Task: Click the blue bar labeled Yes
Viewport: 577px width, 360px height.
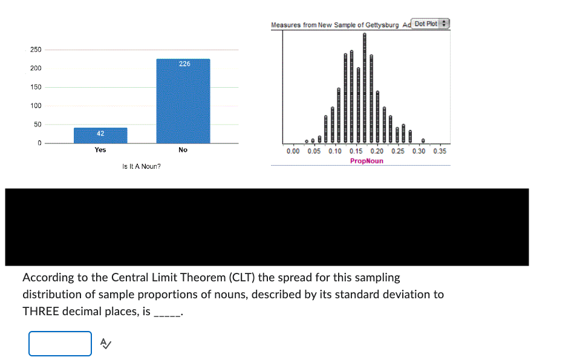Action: click(x=100, y=136)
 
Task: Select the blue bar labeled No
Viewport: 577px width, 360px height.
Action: click(x=183, y=101)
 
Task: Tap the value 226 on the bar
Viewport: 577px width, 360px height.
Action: click(x=184, y=64)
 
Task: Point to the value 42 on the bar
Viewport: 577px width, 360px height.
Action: click(x=100, y=133)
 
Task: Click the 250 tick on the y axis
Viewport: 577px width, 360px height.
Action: click(x=36, y=49)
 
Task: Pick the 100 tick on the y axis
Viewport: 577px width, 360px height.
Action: click(x=36, y=106)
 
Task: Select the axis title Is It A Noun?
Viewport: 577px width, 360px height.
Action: click(x=142, y=166)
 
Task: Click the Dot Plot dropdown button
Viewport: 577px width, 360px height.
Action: click(x=431, y=24)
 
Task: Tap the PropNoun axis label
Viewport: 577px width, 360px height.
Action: click(x=367, y=161)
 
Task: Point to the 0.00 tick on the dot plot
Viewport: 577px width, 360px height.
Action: click(x=293, y=151)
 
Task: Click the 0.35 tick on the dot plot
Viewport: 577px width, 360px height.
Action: click(x=440, y=151)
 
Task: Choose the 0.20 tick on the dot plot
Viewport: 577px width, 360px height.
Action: click(x=377, y=151)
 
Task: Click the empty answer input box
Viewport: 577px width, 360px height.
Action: click(x=60, y=344)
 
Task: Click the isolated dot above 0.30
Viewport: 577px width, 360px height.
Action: click(x=423, y=140)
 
